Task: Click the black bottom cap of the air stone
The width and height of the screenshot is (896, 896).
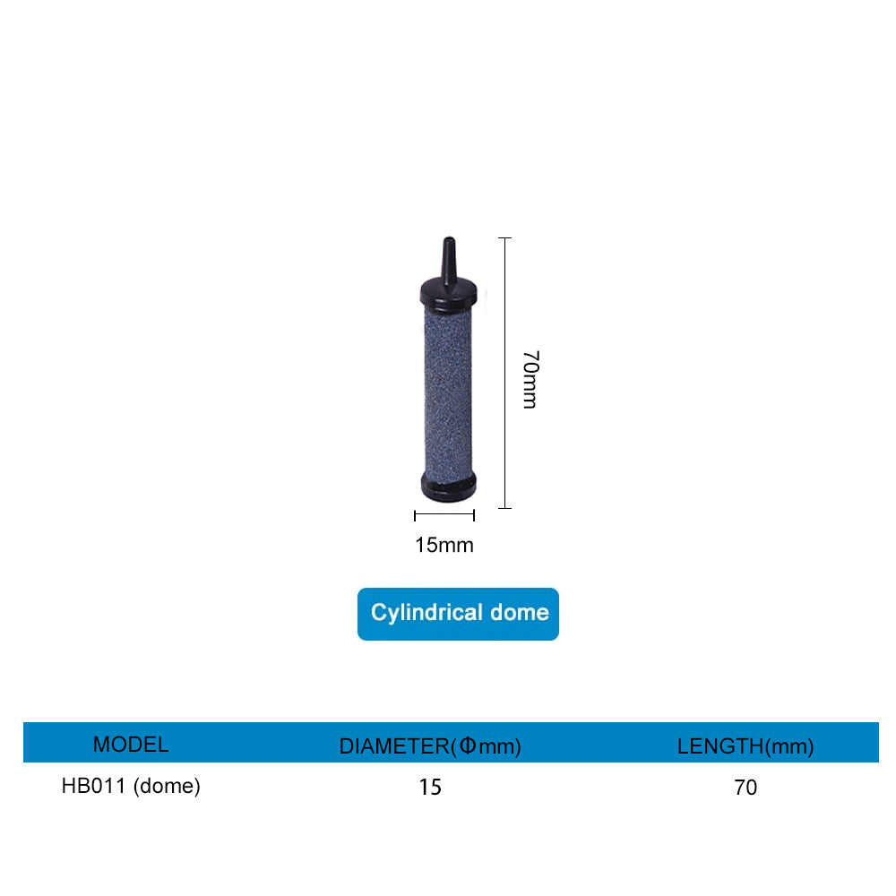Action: tap(448, 487)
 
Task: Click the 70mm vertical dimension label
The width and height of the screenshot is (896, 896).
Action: tap(530, 379)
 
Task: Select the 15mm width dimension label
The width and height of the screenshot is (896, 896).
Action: tap(444, 544)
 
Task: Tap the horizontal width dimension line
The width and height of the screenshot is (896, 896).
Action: tap(444, 515)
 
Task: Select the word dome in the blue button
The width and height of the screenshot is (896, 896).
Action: tap(520, 613)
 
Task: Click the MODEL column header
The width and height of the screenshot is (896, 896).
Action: tap(131, 744)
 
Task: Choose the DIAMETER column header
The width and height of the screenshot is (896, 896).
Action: tap(394, 745)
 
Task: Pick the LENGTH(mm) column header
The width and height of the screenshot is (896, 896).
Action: tap(745, 745)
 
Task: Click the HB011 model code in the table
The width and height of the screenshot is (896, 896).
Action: tap(94, 786)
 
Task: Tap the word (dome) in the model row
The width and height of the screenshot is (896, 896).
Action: tap(167, 786)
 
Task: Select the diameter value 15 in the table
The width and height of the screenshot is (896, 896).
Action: tap(430, 788)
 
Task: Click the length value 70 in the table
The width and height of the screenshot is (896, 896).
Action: tap(745, 788)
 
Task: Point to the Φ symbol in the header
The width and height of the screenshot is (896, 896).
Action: tap(467, 745)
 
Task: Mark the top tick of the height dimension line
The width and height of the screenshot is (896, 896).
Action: tap(505, 238)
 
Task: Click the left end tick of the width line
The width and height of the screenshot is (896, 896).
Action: tap(415, 515)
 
